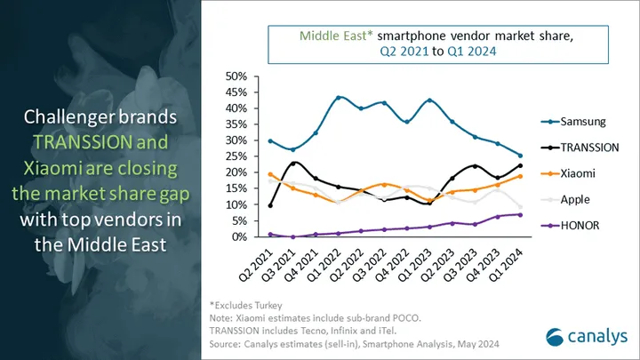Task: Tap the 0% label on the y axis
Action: [237, 236]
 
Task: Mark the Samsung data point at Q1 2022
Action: [339, 98]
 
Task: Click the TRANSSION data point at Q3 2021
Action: [293, 163]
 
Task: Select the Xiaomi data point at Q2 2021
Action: [270, 174]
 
